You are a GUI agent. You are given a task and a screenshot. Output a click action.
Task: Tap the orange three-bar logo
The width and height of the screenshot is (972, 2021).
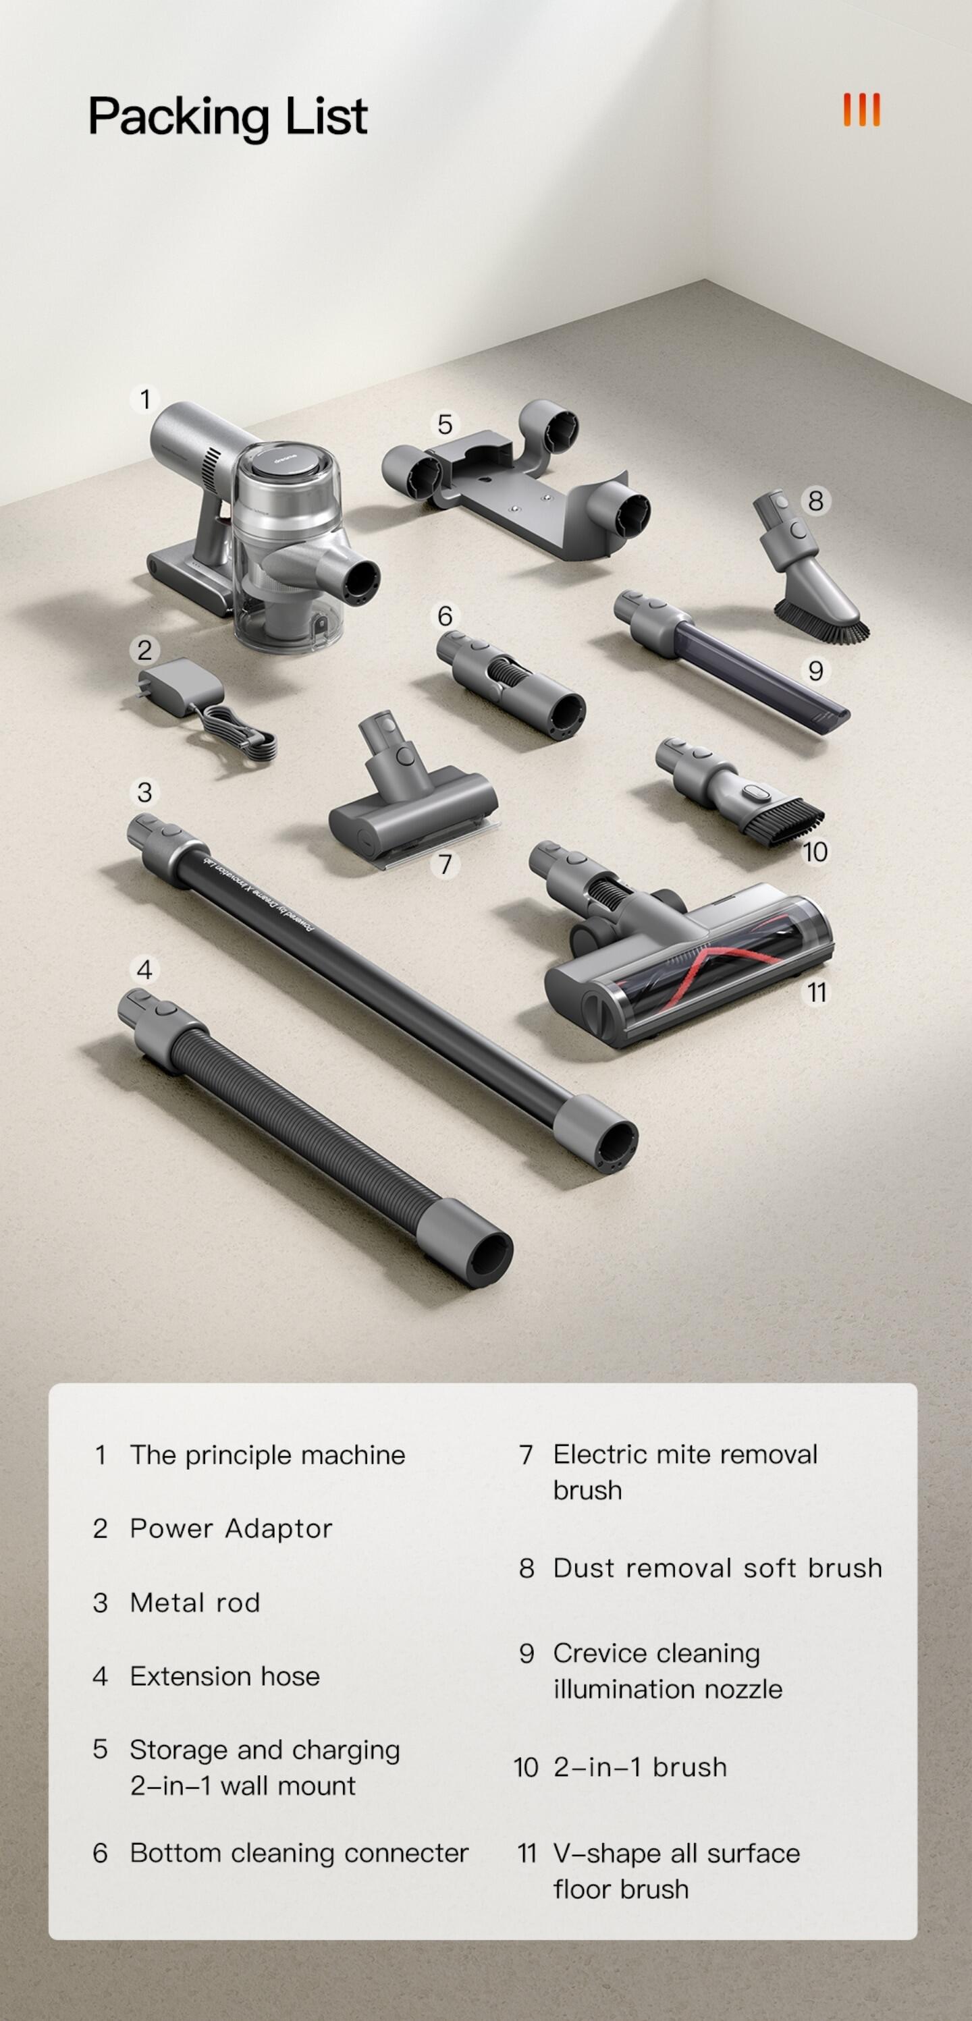click(861, 110)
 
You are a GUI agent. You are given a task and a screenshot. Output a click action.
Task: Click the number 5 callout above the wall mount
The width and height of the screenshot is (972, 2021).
click(445, 424)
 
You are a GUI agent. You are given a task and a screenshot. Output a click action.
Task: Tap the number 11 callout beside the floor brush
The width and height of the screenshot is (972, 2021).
click(817, 993)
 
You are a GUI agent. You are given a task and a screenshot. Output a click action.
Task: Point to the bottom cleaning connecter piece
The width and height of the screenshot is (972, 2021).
click(510, 685)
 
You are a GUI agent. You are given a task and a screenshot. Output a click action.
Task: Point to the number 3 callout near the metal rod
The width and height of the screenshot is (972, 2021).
click(144, 792)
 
